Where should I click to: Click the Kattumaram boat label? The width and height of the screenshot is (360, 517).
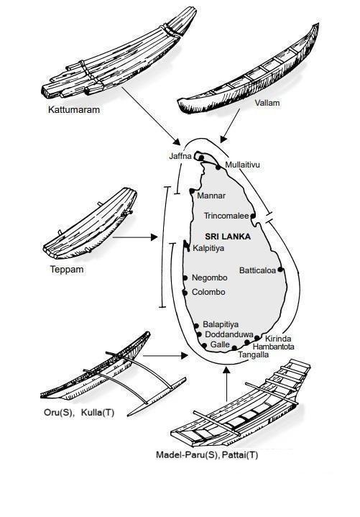pyautogui.click(x=74, y=110)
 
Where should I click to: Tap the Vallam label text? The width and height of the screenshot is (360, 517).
pyautogui.click(x=267, y=103)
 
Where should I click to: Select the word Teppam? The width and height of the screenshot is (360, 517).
pyautogui.click(x=67, y=270)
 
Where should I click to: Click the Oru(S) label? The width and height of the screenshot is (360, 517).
pyautogui.click(x=58, y=413)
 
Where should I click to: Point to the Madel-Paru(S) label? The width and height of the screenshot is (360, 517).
pyautogui.click(x=187, y=455)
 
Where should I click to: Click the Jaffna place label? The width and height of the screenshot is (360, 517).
pyautogui.click(x=180, y=156)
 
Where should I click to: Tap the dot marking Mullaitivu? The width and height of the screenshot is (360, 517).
pyautogui.click(x=218, y=168)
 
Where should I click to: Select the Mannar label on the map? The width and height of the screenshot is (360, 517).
pyautogui.click(x=211, y=196)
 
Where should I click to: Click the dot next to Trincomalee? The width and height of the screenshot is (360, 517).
pyautogui.click(x=253, y=216)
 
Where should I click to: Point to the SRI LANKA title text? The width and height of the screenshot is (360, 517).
pyautogui.click(x=228, y=237)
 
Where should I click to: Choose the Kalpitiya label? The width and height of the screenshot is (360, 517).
pyautogui.click(x=208, y=248)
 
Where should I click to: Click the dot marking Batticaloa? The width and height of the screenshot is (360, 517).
pyautogui.click(x=280, y=270)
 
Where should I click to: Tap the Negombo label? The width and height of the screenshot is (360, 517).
pyautogui.click(x=210, y=278)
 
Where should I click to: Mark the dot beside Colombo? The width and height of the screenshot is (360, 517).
pyautogui.click(x=185, y=293)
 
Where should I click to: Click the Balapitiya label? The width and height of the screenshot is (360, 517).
pyautogui.click(x=221, y=324)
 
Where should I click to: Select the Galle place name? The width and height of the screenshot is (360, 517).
pyautogui.click(x=220, y=344)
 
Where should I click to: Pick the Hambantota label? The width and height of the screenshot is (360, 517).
pyautogui.click(x=273, y=347)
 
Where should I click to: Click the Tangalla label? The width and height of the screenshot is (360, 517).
pyautogui.click(x=253, y=354)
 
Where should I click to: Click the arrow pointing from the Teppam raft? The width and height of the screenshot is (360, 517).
pyautogui.click(x=135, y=237)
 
